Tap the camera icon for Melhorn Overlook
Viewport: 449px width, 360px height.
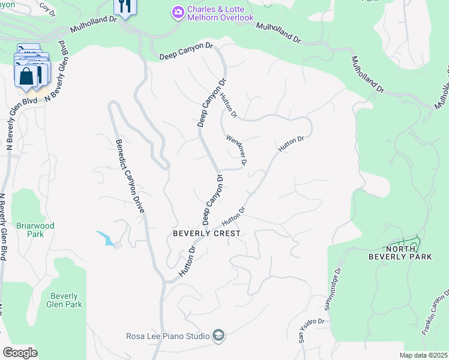pyautogui.click(x=178, y=11)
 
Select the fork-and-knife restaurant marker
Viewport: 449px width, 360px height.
pyautogui.click(x=125, y=7)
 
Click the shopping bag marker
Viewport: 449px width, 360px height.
pyautogui.click(x=28, y=76)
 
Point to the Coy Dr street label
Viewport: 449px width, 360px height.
pyautogui.click(x=46, y=8)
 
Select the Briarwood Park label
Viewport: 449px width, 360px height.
pyautogui.click(x=35, y=230)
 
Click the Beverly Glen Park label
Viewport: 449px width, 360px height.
pyautogui.click(x=64, y=300)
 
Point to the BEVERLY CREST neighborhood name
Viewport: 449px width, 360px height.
pyautogui.click(x=206, y=233)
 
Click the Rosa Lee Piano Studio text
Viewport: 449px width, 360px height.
pyautogui.click(x=167, y=336)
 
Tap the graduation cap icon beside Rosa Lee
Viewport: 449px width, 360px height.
pyautogui.click(x=218, y=335)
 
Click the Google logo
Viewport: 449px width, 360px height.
pyautogui.click(x=20, y=353)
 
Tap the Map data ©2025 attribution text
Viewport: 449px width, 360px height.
pyautogui.click(x=423, y=355)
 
